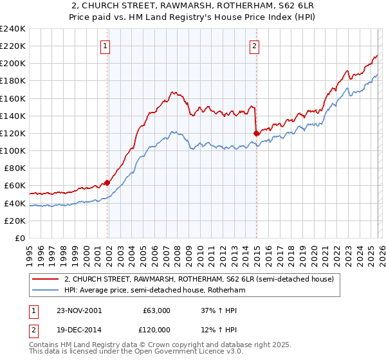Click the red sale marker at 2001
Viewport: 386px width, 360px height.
coord(107,183)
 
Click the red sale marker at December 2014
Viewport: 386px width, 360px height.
coord(256,133)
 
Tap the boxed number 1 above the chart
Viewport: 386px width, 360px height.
coord(106,46)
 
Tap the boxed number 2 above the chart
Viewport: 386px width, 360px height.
coord(255,46)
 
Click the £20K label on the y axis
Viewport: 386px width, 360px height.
coord(14,221)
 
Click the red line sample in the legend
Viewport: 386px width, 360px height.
coord(47,280)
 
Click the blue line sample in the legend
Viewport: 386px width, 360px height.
coord(47,291)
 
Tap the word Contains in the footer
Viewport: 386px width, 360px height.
coord(44,346)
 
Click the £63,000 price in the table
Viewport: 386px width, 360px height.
coord(156,310)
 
